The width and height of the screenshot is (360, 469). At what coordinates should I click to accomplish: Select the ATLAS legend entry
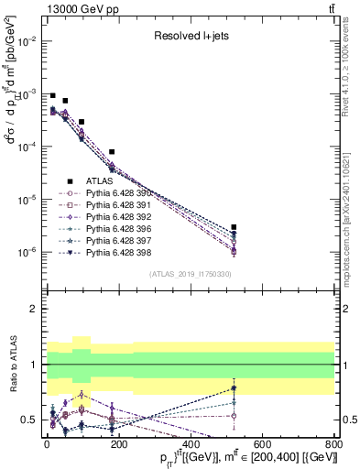click(101, 181)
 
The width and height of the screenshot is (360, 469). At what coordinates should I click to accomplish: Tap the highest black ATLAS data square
click(53, 96)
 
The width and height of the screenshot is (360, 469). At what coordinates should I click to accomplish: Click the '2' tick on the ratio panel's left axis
click(32, 309)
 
